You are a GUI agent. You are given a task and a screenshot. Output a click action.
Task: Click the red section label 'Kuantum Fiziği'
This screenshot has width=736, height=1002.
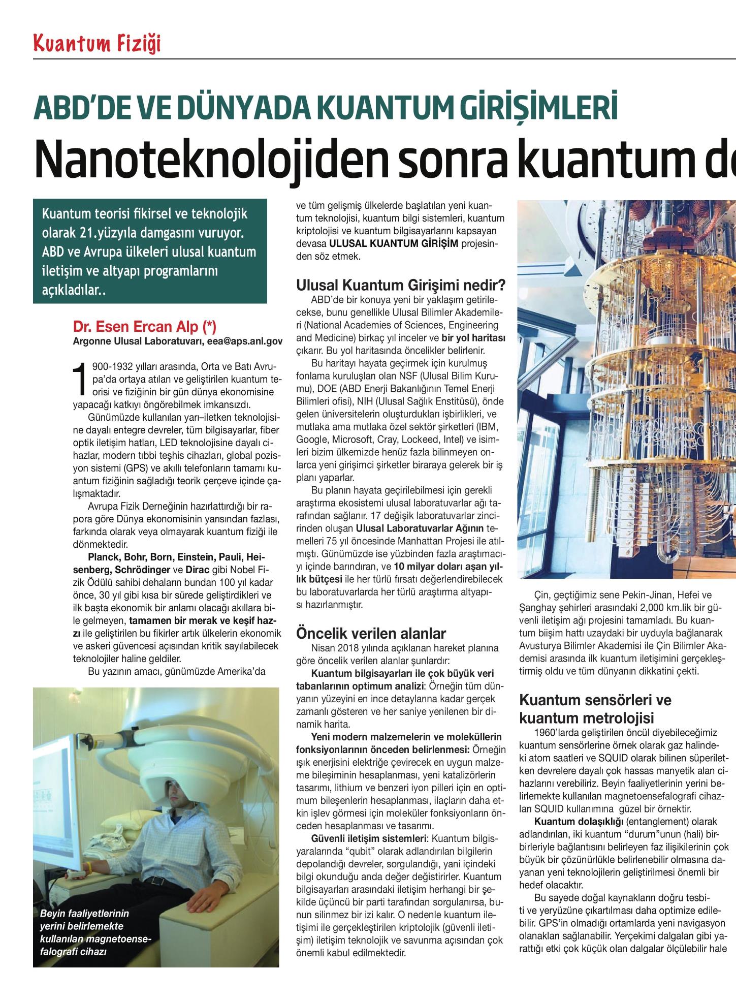pos(97,44)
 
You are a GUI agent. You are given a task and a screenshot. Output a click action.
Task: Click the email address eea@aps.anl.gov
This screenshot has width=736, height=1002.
pos(244,341)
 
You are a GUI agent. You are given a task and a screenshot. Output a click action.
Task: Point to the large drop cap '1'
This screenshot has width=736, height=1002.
pos(80,379)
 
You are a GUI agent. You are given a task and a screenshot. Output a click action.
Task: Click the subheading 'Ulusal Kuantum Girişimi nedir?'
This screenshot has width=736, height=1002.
pos(401,284)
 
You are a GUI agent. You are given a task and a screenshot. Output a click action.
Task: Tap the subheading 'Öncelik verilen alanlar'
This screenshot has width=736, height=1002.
pos(371,634)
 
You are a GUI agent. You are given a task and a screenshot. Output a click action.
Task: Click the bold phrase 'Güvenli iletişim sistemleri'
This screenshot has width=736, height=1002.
pos(368,837)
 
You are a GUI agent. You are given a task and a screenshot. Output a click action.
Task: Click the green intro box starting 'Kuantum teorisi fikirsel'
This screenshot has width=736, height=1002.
pos(150,252)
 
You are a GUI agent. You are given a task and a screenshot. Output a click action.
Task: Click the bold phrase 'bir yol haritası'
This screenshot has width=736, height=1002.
pos(473,338)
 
